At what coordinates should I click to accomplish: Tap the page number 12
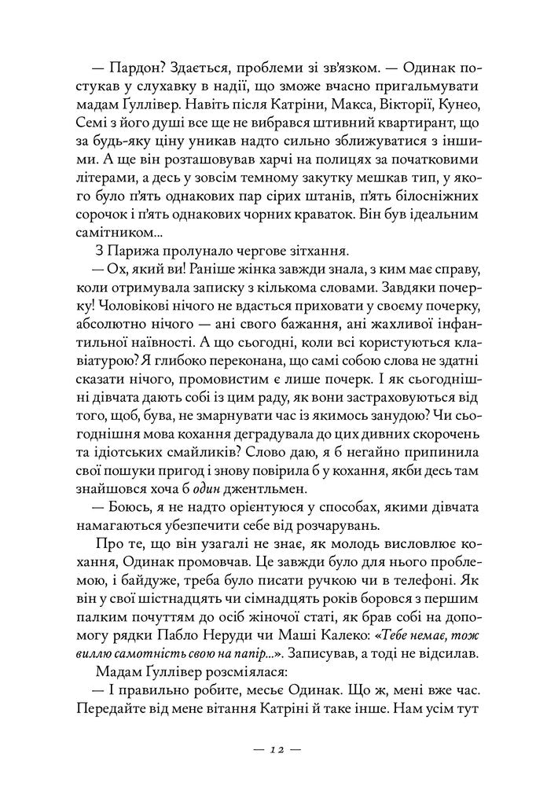pos(268,749)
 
